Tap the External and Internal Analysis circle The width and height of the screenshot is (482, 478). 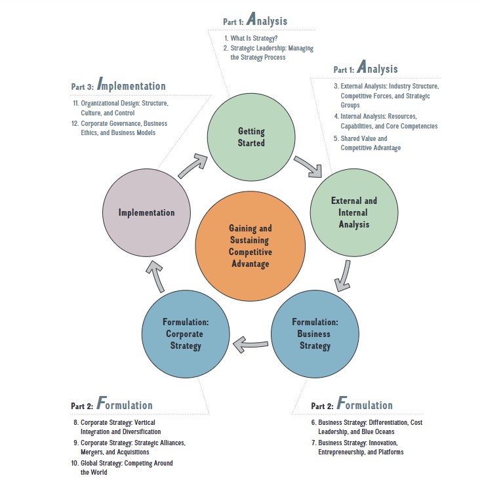(x=354, y=212)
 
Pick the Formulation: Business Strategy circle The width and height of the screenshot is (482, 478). (x=315, y=333)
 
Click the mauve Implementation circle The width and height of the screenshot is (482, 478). (x=147, y=212)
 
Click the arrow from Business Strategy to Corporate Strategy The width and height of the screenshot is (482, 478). (x=251, y=342)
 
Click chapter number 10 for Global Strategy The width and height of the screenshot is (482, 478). (x=75, y=462)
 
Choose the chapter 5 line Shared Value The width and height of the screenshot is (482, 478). (x=364, y=138)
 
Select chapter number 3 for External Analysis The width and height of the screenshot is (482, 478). (x=335, y=86)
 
